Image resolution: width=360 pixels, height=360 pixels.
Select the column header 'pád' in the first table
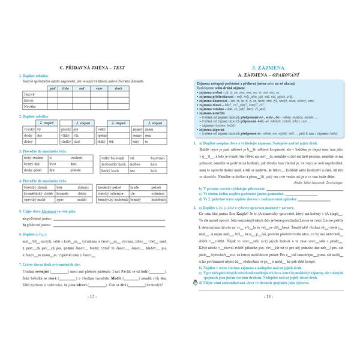point(52,88)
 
